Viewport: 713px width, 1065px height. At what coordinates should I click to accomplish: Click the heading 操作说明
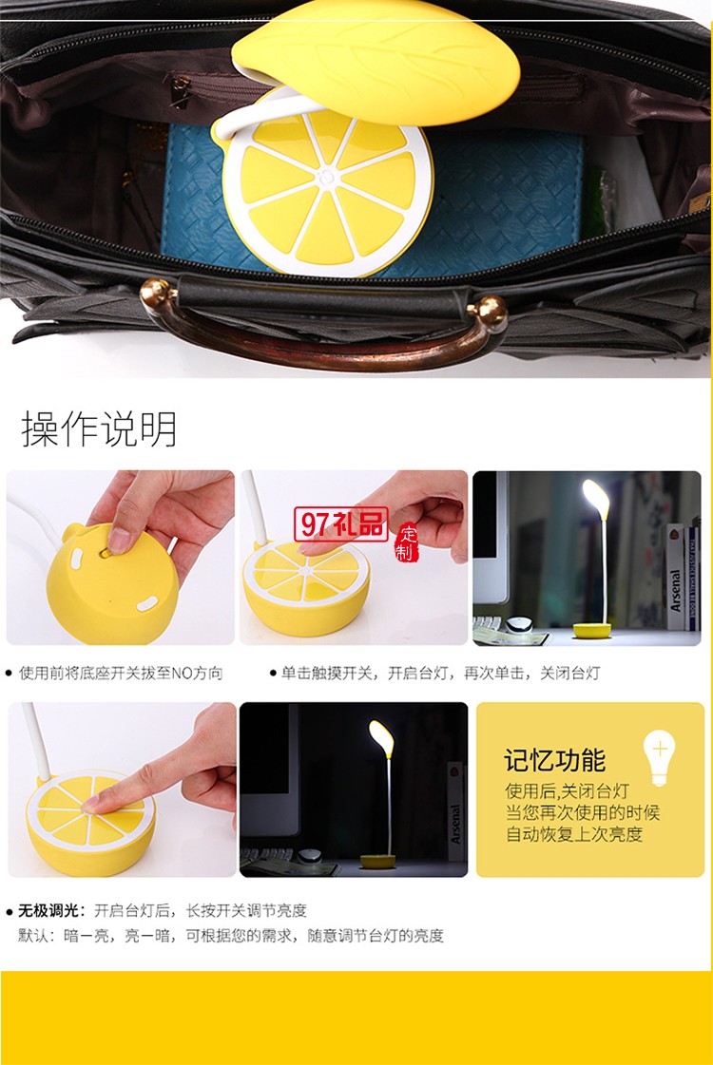click(99, 429)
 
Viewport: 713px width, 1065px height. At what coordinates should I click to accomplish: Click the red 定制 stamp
click(407, 543)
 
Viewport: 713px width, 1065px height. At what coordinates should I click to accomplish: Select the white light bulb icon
click(659, 755)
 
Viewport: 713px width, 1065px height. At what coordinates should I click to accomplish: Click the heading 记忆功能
click(554, 760)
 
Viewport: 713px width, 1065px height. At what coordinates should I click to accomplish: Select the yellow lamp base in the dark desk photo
click(379, 863)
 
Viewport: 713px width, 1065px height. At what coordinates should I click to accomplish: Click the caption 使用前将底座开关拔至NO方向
click(121, 673)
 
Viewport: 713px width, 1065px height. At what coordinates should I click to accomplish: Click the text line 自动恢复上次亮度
click(574, 834)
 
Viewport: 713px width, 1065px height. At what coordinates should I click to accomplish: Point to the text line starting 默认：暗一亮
click(231, 936)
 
